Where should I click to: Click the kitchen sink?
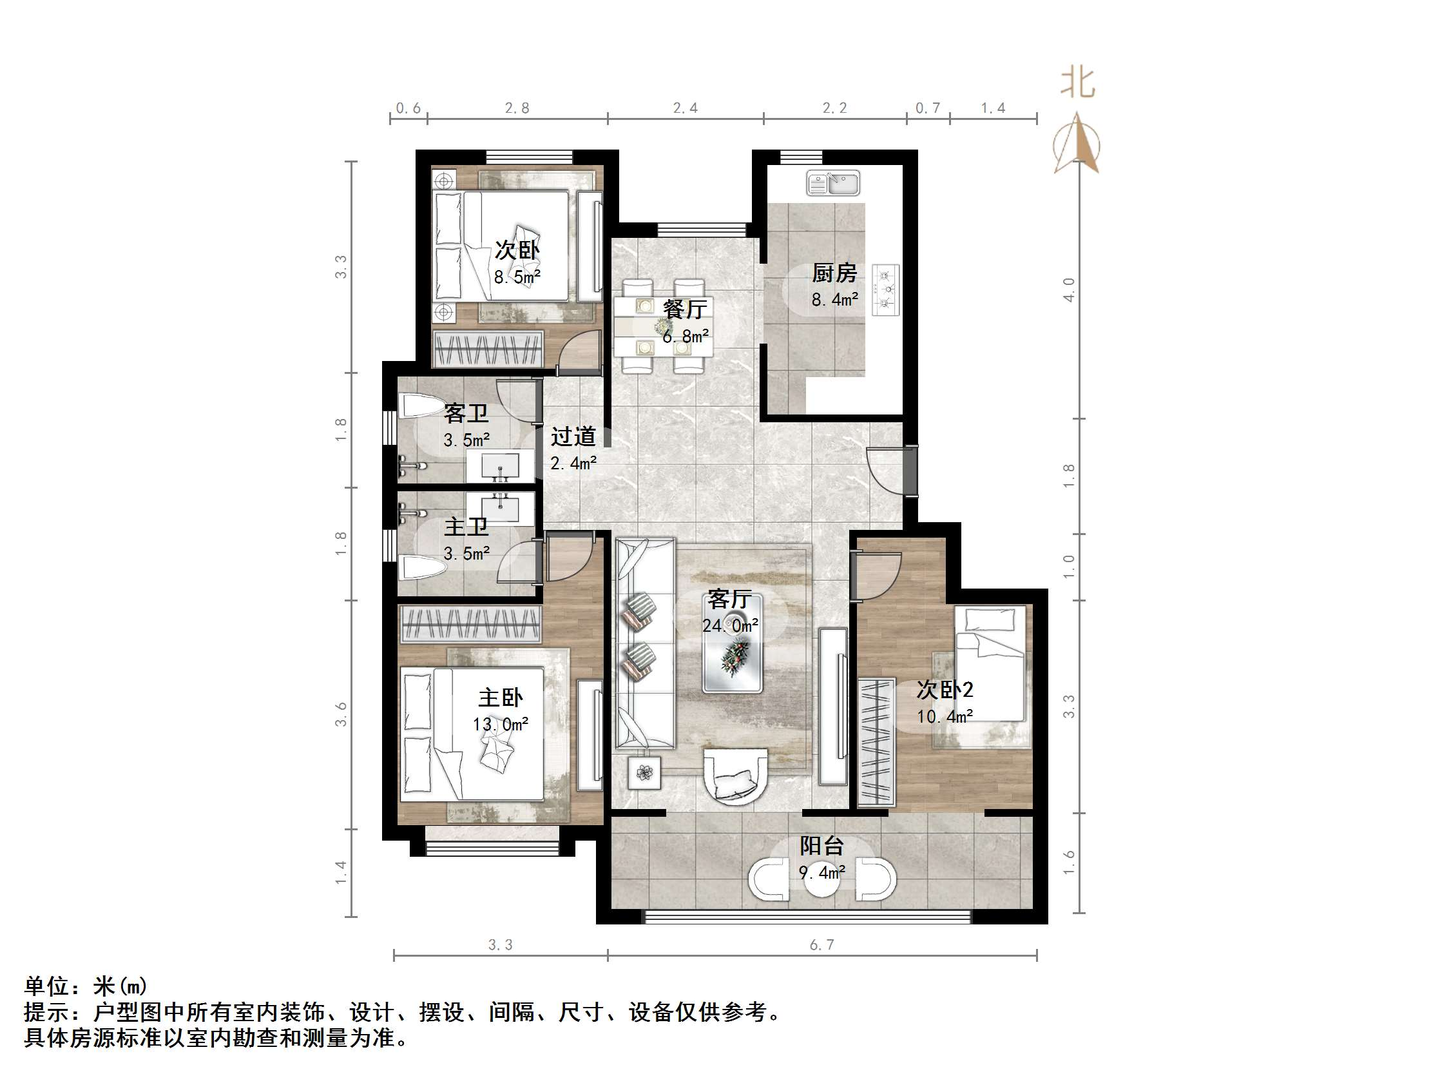(833, 182)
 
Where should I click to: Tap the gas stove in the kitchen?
(886, 289)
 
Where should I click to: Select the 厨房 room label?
(834, 273)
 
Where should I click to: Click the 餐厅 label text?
(685, 309)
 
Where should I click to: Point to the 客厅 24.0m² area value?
(731, 625)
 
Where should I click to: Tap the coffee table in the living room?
(733, 643)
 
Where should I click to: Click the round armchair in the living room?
(736, 776)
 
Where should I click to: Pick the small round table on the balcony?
(821, 879)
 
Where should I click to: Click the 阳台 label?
(821, 846)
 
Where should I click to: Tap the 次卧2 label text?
(945, 689)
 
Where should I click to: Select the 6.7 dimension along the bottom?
(821, 945)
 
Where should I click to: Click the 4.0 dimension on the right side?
(1069, 289)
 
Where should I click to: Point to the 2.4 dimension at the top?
(685, 108)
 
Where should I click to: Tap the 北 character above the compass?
(1077, 84)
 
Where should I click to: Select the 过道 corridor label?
(573, 436)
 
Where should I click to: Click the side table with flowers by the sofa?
(644, 772)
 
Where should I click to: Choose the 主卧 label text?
(500, 698)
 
